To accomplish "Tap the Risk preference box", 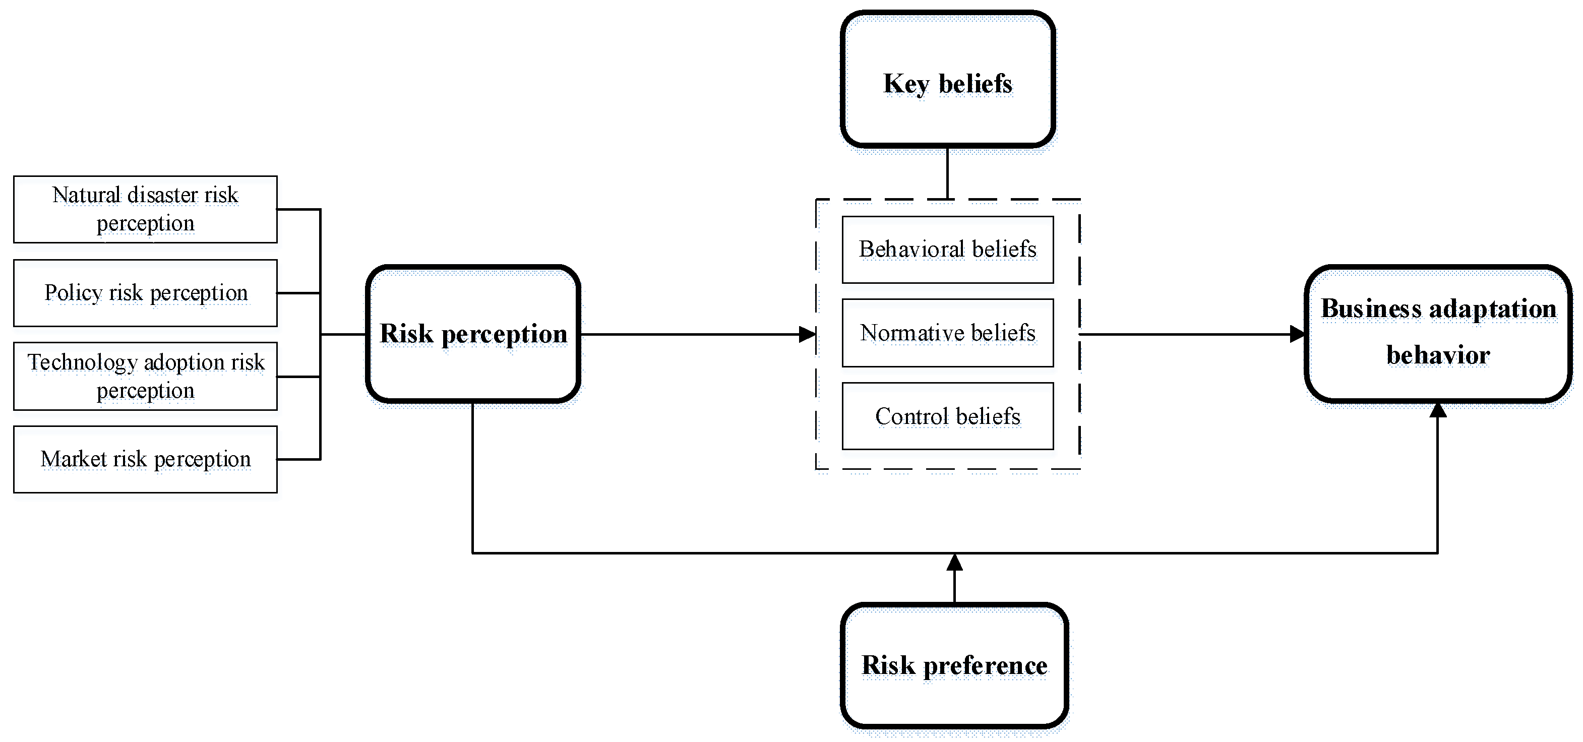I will coord(954,665).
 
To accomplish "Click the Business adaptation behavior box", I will coord(1438,334).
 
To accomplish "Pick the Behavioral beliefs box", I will coord(948,250).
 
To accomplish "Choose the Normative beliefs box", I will coord(948,333).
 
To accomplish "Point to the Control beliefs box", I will coord(948,416).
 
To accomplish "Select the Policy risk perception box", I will coord(145,293).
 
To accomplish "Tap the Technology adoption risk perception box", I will coord(145,376).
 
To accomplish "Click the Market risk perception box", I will coord(145,459).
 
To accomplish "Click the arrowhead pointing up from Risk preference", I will coord(954,562).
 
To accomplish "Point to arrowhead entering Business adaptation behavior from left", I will coord(1297,334).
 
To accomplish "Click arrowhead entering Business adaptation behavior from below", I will coord(1437,410).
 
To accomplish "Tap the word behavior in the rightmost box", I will coord(1438,355).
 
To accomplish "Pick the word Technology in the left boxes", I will coord(82,362).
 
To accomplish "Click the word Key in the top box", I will coord(906,84).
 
